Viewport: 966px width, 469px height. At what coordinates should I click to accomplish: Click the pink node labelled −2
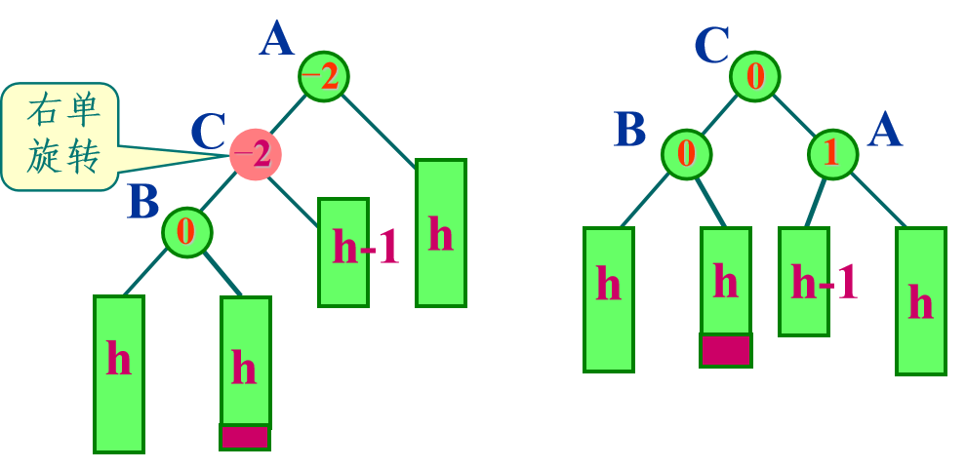click(255, 153)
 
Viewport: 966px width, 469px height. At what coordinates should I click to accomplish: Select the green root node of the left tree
click(323, 76)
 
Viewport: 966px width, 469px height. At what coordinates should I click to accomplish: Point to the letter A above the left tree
click(276, 41)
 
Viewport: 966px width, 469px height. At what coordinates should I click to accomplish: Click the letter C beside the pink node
click(208, 134)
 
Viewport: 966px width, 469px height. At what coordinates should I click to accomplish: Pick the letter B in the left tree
click(142, 203)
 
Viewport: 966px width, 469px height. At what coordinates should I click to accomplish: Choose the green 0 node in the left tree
click(187, 231)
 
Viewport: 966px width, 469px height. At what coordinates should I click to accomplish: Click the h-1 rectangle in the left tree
click(343, 252)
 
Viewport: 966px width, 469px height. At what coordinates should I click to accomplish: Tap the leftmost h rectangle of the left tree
click(119, 373)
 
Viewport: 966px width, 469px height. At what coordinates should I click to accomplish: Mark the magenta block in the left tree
click(244, 437)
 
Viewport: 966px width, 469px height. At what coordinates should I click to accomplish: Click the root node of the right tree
click(755, 76)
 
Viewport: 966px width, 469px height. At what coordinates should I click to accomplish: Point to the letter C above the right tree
click(712, 45)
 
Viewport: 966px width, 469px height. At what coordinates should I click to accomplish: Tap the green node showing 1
click(832, 153)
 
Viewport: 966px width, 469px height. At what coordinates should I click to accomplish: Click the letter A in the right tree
click(884, 130)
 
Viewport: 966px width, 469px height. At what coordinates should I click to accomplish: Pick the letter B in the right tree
click(630, 130)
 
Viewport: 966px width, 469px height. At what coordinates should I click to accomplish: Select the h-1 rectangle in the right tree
click(804, 281)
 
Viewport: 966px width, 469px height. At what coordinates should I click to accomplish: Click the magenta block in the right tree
click(725, 350)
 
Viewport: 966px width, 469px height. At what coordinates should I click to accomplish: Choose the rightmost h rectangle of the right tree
click(920, 300)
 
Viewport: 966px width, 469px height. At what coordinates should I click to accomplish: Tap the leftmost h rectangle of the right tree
click(609, 299)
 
